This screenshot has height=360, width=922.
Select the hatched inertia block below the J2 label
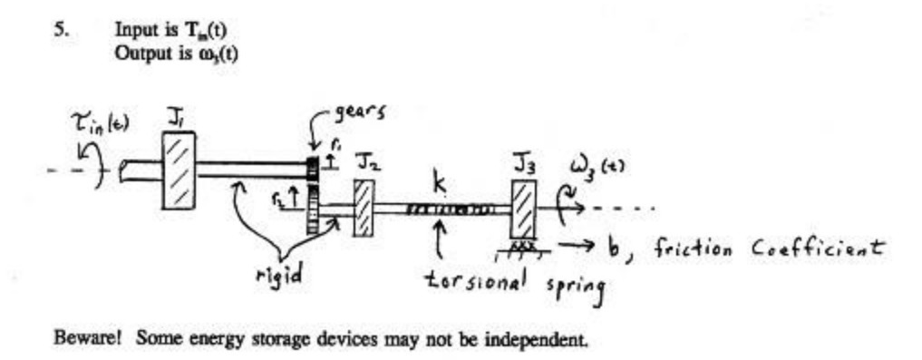(x=364, y=209)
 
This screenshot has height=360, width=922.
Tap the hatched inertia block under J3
(x=523, y=211)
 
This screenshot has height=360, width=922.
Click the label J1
(x=176, y=116)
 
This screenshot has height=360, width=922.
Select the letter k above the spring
(x=440, y=184)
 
